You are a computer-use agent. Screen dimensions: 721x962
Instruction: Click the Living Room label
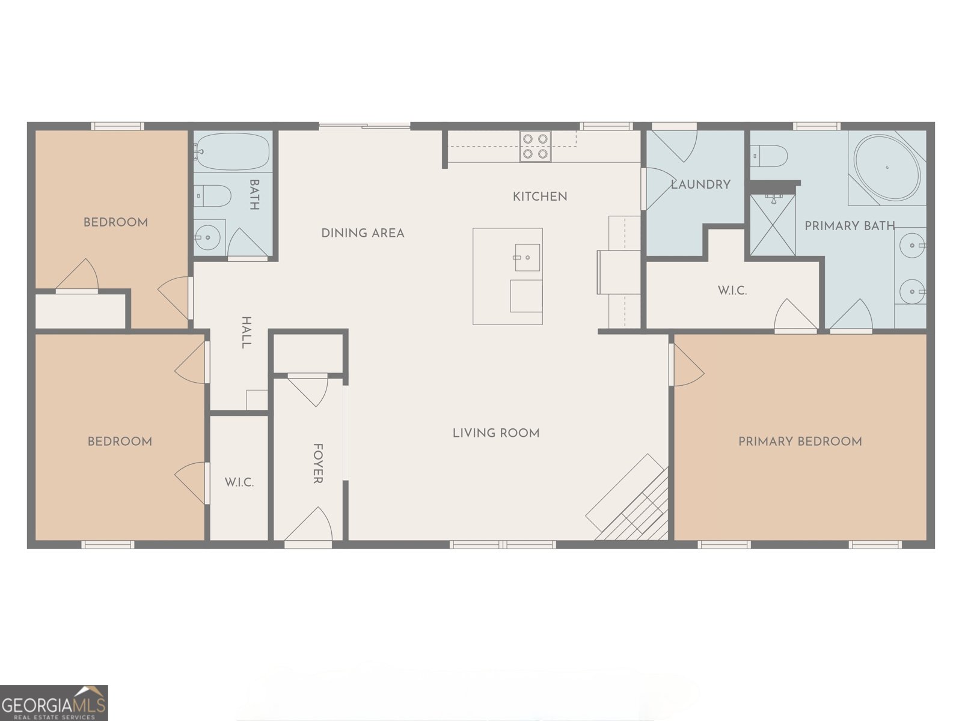click(x=495, y=433)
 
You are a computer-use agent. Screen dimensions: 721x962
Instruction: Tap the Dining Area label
click(x=363, y=233)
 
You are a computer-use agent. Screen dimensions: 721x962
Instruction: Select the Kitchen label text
click(x=539, y=196)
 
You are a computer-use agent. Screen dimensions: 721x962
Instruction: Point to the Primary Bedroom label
click(x=800, y=442)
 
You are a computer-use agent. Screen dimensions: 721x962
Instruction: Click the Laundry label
click(x=700, y=184)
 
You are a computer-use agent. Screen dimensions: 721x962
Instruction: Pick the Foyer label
click(x=318, y=463)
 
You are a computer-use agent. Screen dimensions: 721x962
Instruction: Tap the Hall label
click(x=247, y=332)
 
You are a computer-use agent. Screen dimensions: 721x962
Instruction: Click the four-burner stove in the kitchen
click(x=535, y=146)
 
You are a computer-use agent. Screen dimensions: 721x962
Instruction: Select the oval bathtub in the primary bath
click(x=887, y=168)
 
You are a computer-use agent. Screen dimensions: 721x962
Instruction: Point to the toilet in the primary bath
click(x=770, y=156)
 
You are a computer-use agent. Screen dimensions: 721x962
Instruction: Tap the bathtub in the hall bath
click(x=233, y=151)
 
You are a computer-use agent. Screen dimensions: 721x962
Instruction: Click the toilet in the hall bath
click(x=213, y=195)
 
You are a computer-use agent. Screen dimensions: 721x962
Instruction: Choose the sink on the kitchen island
click(x=526, y=258)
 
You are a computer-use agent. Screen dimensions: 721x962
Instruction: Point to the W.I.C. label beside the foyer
click(x=239, y=482)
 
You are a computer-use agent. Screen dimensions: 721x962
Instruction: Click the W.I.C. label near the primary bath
click(x=732, y=291)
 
